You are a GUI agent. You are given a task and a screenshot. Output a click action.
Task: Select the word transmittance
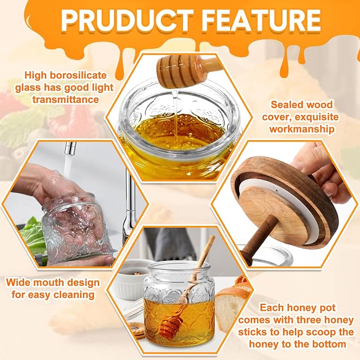tap(66, 100)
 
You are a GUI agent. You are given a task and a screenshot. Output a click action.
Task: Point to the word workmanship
tap(302, 129)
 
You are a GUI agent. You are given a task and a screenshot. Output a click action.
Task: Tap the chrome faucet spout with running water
tap(70, 149)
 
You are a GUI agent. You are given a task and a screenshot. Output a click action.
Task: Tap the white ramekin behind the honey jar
tap(131, 279)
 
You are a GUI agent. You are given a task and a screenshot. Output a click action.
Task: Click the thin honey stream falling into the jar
tap(175, 117)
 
